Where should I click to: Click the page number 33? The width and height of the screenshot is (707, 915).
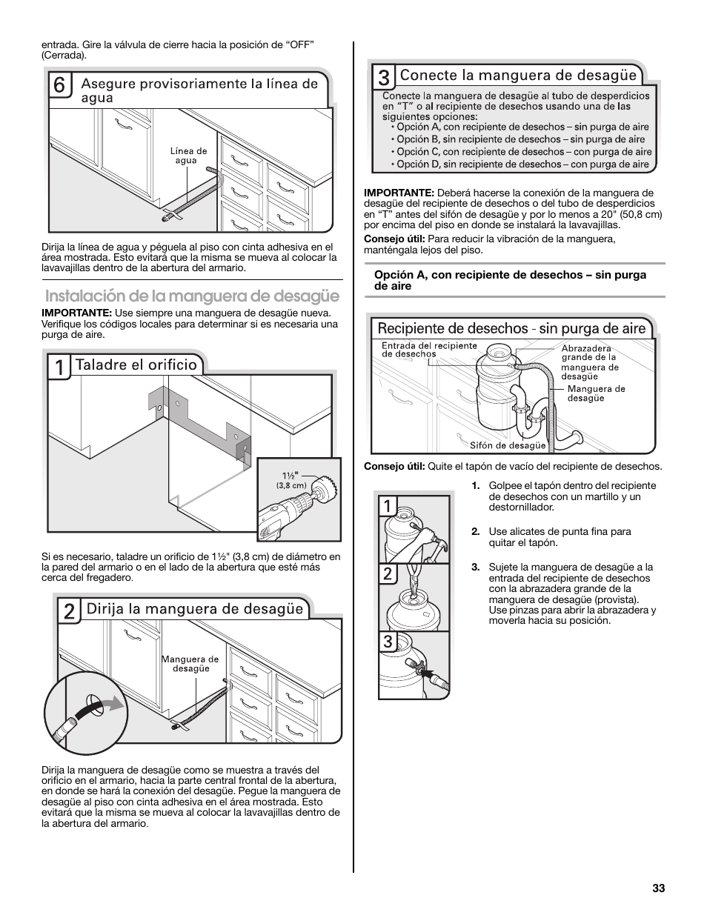tap(659, 888)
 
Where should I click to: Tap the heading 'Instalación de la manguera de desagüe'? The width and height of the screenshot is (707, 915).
tap(192, 296)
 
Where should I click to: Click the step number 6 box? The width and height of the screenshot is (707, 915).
tap(60, 86)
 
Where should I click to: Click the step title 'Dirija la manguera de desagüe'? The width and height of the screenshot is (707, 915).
tap(195, 609)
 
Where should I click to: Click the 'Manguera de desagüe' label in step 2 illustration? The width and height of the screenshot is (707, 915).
tap(190, 664)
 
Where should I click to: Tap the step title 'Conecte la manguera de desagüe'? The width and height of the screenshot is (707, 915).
tap(518, 75)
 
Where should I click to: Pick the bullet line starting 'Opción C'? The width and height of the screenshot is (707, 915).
tap(523, 152)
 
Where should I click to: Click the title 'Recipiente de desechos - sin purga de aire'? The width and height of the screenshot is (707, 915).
tap(511, 328)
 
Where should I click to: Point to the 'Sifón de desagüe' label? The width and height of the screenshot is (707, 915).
tap(508, 445)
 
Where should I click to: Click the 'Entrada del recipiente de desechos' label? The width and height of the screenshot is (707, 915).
tap(419, 350)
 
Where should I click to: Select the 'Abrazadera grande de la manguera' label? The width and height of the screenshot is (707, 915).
tap(589, 362)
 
